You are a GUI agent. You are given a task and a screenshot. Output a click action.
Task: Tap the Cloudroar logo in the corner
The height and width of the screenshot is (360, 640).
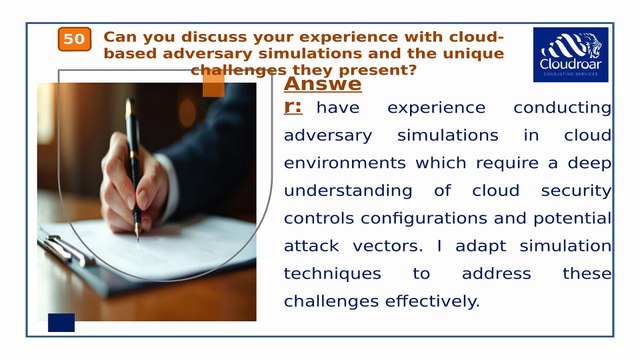coord(570,54)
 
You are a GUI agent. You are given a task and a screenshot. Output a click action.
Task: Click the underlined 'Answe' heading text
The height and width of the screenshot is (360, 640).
coord(322,85)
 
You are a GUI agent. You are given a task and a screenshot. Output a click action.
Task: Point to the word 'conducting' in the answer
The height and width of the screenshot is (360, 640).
coord(562,108)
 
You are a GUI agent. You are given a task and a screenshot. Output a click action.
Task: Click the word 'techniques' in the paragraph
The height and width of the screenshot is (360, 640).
coord(333,273)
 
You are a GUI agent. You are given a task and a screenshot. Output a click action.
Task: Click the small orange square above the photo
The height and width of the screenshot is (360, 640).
coord(213,86)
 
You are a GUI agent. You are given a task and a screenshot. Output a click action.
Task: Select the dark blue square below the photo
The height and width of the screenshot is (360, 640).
coord(62,322)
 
